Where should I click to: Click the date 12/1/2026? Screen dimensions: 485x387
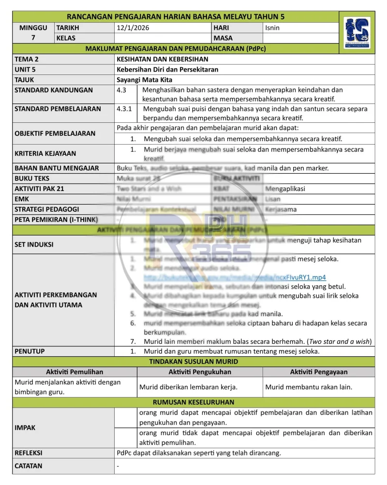click(x=133, y=28)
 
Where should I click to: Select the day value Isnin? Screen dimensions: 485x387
click(x=272, y=28)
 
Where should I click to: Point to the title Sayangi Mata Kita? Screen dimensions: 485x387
click(x=145, y=80)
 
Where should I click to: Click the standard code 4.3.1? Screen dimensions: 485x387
click(x=124, y=109)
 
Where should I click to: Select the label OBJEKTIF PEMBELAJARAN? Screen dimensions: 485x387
click(x=55, y=133)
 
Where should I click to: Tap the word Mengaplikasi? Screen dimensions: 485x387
click(x=285, y=189)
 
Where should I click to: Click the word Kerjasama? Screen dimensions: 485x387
click(x=281, y=209)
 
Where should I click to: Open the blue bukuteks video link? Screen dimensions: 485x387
click(x=235, y=278)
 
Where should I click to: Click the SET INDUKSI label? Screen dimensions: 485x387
click(x=34, y=244)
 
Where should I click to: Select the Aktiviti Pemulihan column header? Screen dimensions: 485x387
click(x=74, y=372)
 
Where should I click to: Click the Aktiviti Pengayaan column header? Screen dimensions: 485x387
click(x=318, y=372)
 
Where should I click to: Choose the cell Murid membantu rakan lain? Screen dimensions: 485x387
click(x=309, y=387)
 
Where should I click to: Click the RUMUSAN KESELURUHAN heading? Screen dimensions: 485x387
click(x=193, y=402)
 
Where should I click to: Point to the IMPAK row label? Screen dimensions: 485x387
click(x=25, y=428)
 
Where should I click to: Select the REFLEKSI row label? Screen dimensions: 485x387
click(x=29, y=453)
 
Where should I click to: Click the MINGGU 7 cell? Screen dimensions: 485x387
click(x=33, y=33)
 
